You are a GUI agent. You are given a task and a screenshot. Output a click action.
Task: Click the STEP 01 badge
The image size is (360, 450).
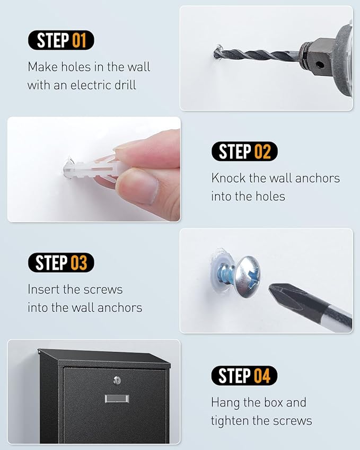coord(61,40)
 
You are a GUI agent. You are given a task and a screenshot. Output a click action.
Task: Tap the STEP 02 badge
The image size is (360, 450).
coord(244,151)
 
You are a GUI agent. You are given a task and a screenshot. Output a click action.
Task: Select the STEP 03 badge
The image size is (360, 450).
coord(61,262)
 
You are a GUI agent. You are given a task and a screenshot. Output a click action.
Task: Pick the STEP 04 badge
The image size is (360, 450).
coord(244,375)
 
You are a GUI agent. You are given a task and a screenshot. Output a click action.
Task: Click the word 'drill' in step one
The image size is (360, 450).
coord(125,85)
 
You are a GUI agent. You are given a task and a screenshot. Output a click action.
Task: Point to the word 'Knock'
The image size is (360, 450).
coord(228,178)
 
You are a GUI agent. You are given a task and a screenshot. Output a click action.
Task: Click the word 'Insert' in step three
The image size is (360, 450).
coord(43,289)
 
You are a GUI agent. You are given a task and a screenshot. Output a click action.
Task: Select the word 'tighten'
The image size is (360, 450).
coord(230,421)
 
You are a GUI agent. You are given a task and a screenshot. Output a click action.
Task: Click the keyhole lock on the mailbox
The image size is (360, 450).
coord(117,380)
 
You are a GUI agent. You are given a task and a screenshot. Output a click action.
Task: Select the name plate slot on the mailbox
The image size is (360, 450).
coord(117,399)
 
